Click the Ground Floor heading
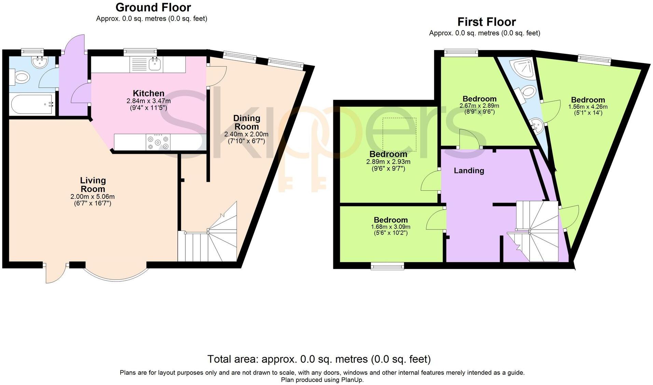coord(153,7)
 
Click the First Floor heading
coord(486,22)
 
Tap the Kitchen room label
coord(148,93)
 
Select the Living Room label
coord(93,184)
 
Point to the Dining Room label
coord(247,122)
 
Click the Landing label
coord(469,171)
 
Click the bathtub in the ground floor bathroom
coord(32,104)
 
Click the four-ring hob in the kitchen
coord(158,142)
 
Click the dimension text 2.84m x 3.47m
coord(148,101)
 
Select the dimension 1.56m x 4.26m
coord(587,107)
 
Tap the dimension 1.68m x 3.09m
coord(390,227)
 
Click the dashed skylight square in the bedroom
coord(399,134)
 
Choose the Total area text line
coord(319,359)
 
